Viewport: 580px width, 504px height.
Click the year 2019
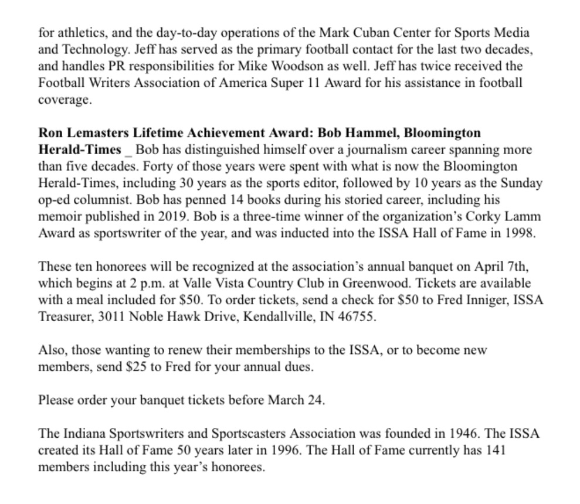click(168, 216)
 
